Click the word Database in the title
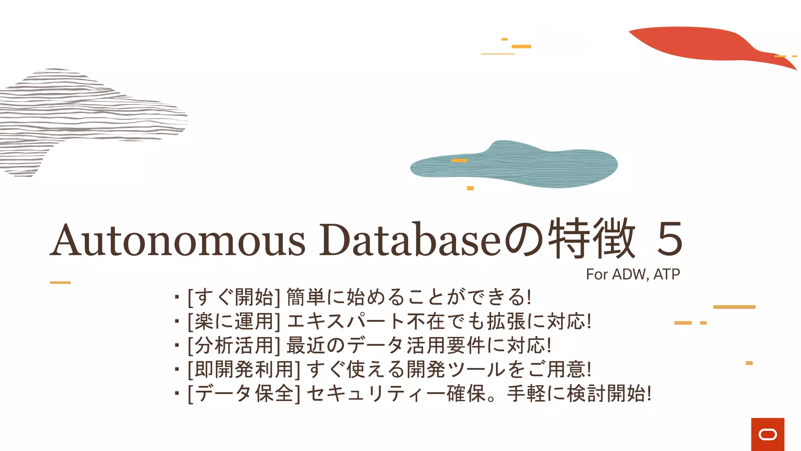coord(410,240)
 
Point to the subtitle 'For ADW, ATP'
coord(633,274)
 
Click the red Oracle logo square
coord(767,434)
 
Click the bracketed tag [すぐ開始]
coord(234,297)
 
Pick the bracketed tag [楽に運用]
coord(234,321)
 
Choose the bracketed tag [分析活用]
coord(234,345)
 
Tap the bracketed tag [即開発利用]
coord(244,370)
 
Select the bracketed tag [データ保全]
coord(244,393)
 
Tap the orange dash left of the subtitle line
coord(60,282)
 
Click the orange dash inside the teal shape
coord(459,161)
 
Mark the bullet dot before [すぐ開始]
coord(177,298)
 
